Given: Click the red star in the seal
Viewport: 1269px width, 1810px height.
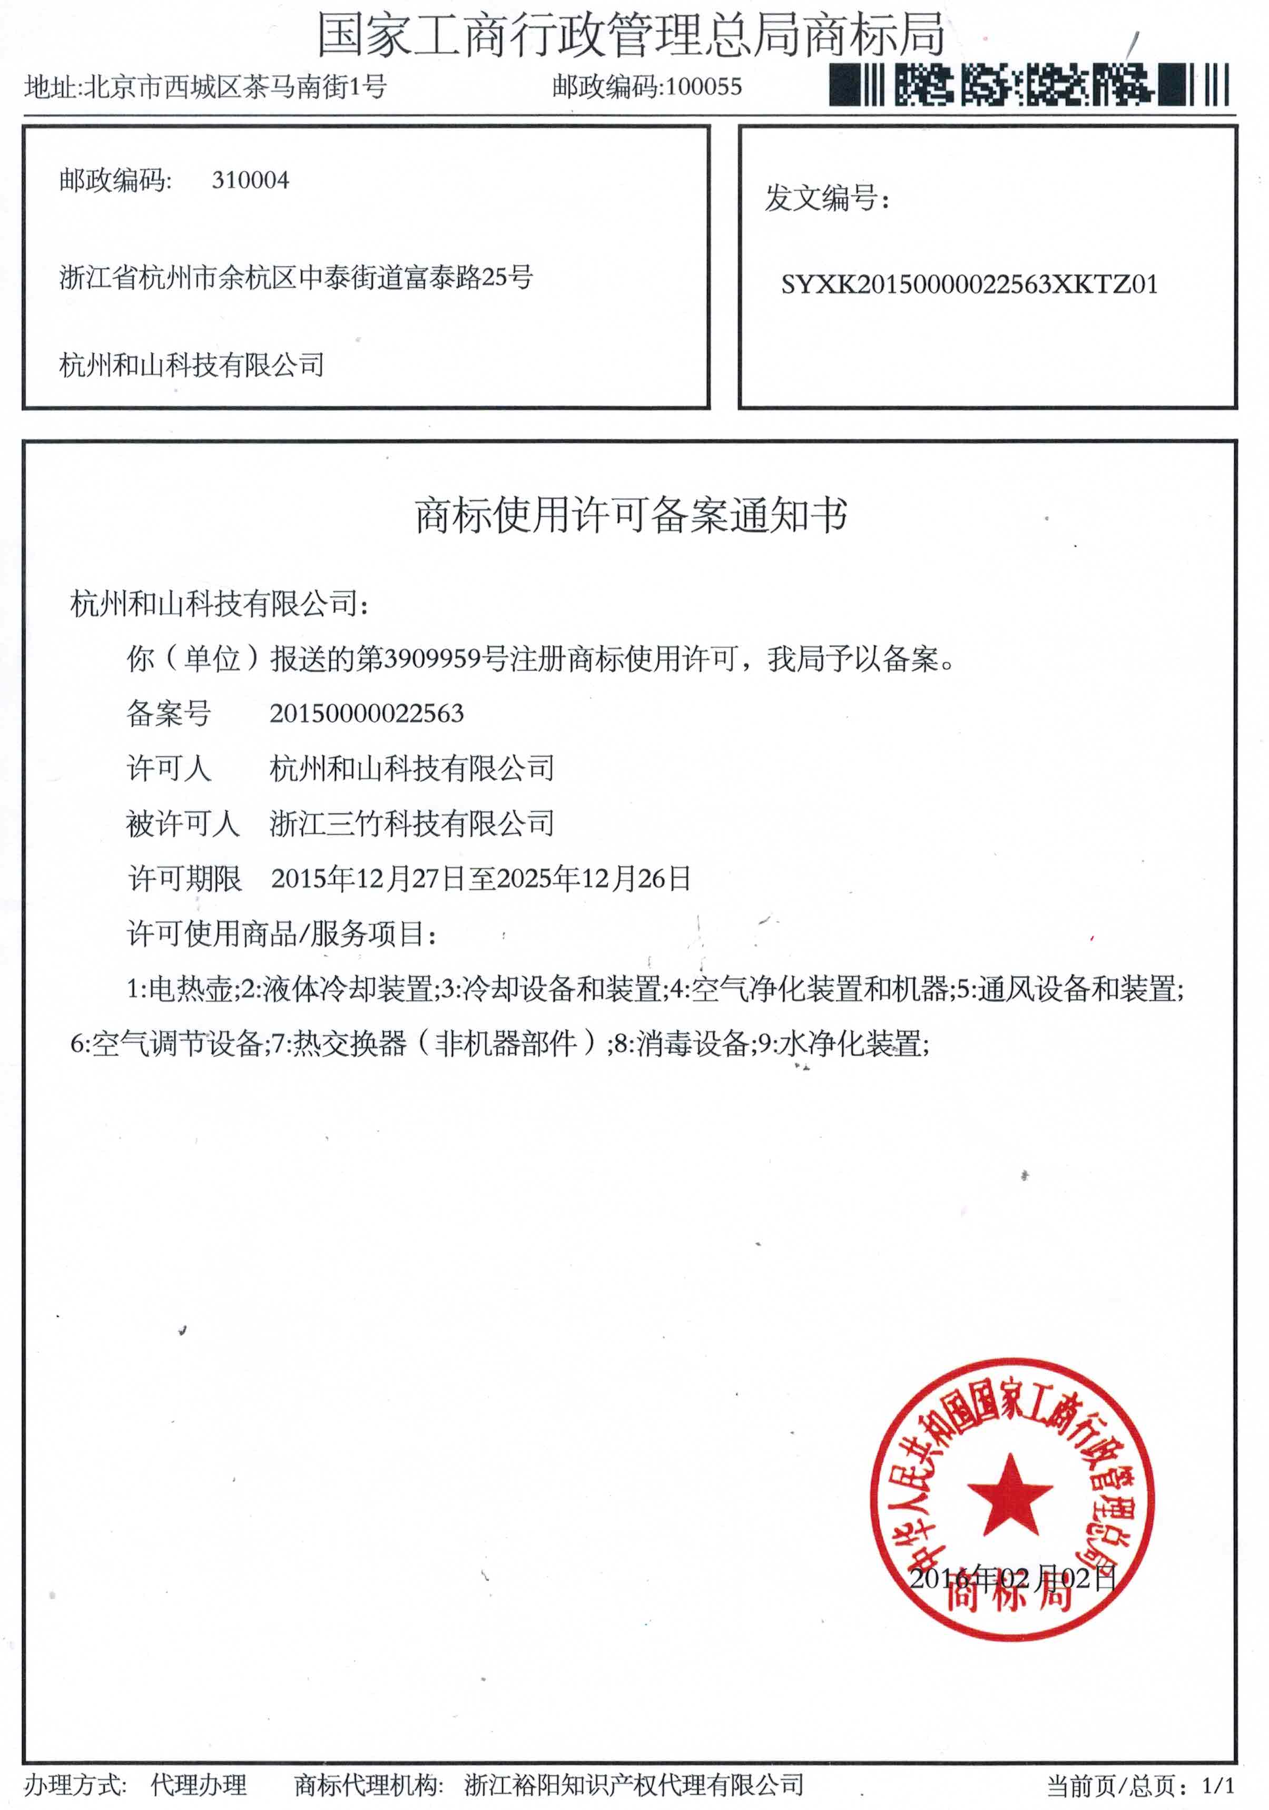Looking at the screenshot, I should click(1010, 1496).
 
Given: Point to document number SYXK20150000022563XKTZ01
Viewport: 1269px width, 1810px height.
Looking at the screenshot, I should click(969, 284).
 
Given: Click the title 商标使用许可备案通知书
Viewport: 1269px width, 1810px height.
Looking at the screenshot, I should click(631, 516).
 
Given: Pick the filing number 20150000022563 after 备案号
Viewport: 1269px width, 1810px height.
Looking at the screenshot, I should click(367, 713).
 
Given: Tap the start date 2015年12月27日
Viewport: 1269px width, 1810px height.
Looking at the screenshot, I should click(368, 878).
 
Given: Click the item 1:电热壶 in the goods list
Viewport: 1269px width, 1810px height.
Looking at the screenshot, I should click(180, 989).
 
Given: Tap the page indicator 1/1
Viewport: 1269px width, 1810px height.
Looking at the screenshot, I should click(1218, 1786).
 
